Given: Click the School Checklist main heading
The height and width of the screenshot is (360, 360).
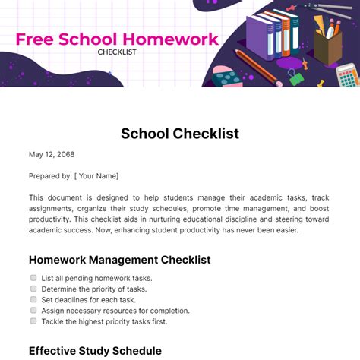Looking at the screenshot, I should [179, 134].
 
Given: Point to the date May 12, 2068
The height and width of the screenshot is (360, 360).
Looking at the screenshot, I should [52, 155].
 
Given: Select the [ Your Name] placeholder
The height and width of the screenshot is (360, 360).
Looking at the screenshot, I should [96, 175].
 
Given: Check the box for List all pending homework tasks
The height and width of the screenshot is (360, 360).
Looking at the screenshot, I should [33, 278].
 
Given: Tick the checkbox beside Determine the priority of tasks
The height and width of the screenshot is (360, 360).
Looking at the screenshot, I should [33, 289].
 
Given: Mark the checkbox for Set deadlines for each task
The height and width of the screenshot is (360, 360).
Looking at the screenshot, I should [33, 299].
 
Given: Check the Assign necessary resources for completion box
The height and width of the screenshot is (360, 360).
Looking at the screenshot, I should [33, 310].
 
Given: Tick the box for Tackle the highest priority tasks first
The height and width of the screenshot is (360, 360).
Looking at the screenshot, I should [33, 321].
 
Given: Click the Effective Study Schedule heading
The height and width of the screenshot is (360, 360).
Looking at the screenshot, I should [95, 351].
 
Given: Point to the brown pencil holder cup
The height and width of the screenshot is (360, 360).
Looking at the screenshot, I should [329, 48].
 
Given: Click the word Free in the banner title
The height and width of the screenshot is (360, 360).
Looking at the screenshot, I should [36, 39].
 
